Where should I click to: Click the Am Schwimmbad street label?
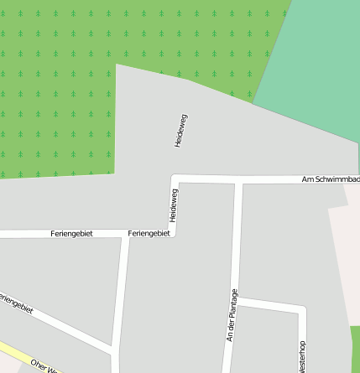[x=331, y=179]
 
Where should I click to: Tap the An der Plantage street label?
[x=233, y=314]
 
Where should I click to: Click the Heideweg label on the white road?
[x=175, y=207]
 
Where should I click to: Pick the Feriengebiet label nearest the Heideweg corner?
[x=149, y=233]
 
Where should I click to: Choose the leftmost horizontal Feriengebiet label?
[x=71, y=233]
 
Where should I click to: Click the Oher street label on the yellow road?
[x=42, y=365]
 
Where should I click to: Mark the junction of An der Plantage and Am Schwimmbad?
[x=238, y=180]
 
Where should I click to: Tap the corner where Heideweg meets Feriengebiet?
[x=174, y=233]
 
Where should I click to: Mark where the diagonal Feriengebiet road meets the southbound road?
[x=115, y=348]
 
